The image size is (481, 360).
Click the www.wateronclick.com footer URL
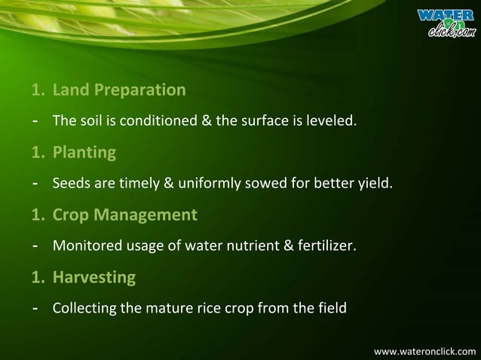click(x=424, y=351)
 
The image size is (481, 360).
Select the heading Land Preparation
click(x=118, y=90)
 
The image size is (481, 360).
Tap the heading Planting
click(x=84, y=153)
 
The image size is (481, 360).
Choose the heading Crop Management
click(x=124, y=215)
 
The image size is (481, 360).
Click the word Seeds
click(x=69, y=183)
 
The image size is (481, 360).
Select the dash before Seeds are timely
click(x=35, y=183)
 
